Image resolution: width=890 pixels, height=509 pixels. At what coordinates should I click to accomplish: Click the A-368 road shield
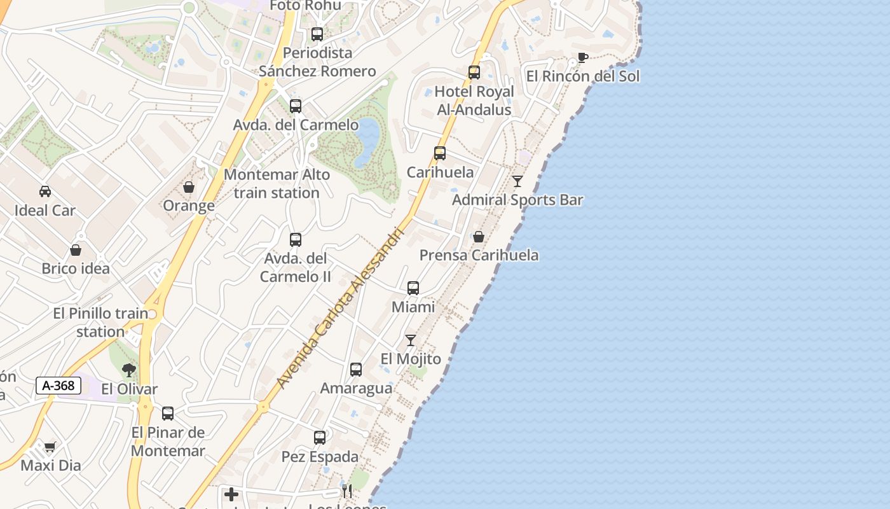tap(58, 386)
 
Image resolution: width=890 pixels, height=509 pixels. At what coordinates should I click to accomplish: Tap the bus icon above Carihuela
tap(440, 153)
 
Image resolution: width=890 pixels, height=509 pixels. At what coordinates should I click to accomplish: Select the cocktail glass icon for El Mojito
tap(411, 340)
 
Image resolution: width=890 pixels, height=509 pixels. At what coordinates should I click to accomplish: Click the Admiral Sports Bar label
tap(517, 200)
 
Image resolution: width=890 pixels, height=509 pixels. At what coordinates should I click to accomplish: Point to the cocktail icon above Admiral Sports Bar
tap(517, 181)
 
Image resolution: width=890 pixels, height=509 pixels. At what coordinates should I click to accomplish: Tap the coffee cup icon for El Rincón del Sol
tap(582, 58)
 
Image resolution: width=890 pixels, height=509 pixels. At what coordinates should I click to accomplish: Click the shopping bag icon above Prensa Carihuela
tap(479, 237)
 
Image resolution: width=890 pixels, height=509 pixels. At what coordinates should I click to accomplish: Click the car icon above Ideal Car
tap(45, 191)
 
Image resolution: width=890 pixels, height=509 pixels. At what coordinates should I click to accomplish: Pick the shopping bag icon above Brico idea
tap(76, 250)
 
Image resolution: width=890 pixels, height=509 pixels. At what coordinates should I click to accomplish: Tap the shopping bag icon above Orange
tap(189, 187)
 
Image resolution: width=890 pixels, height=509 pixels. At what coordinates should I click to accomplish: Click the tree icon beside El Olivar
tap(129, 370)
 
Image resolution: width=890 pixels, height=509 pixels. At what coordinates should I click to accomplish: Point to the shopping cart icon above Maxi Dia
tap(50, 447)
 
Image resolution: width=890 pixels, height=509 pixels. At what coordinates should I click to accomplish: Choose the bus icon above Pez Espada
tap(320, 438)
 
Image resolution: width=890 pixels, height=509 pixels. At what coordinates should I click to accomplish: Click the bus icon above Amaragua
tap(356, 370)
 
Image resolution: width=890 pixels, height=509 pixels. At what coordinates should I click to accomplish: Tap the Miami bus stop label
tap(413, 307)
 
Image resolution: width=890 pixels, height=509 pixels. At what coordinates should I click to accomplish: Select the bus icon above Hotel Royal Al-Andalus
tap(474, 73)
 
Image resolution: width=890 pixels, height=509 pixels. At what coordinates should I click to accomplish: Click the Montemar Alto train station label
tap(277, 184)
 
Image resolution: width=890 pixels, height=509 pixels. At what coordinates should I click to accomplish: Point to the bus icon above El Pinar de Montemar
tap(168, 414)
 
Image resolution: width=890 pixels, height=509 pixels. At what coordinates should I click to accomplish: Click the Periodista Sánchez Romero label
tap(317, 62)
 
